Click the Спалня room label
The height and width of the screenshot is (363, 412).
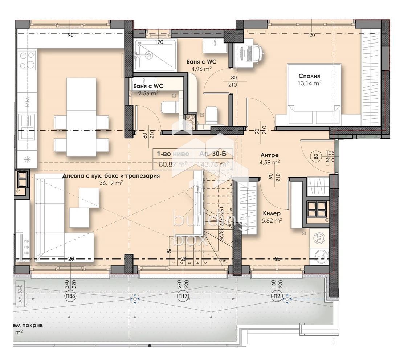coord(309,76)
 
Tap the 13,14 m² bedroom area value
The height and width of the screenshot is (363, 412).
coord(310,83)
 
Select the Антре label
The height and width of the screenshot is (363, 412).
coord(269,155)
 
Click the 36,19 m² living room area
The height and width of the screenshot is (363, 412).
coord(111,183)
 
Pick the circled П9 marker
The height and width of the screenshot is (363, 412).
coord(277,297)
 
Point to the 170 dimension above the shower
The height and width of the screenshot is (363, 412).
coord(159,42)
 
